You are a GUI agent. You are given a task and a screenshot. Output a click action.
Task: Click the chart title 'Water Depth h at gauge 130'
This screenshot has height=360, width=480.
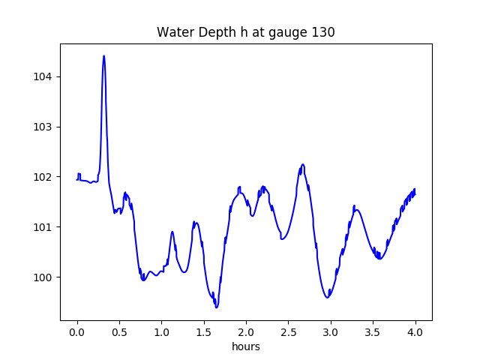[x=245, y=32]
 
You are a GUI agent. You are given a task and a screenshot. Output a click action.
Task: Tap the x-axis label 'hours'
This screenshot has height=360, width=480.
[x=246, y=347]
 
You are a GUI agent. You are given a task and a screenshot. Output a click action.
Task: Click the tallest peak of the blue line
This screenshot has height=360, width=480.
[x=103, y=56]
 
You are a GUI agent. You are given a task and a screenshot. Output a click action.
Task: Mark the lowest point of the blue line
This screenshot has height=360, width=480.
[x=216, y=307]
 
